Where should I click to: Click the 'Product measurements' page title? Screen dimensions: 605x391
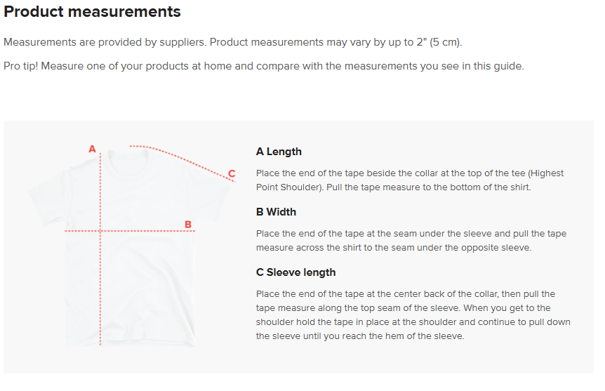[92, 11]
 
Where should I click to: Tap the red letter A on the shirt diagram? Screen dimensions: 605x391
[92, 149]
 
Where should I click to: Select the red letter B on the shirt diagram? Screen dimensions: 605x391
[188, 224]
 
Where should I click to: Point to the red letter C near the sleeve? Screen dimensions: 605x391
[232, 173]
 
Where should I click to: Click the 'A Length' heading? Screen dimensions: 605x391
[279, 152]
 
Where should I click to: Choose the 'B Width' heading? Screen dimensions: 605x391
[276, 212]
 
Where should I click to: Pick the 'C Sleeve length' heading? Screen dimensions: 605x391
[295, 272]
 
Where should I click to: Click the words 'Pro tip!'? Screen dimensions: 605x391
[21, 66]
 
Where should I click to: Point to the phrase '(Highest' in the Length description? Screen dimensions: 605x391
[546, 173]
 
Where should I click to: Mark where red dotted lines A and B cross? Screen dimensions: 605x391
[100, 231]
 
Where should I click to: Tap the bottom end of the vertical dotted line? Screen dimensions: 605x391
[100, 344]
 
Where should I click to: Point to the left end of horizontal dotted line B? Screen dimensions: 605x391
[66, 231]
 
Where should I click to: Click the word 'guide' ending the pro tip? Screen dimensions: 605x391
[509, 67]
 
